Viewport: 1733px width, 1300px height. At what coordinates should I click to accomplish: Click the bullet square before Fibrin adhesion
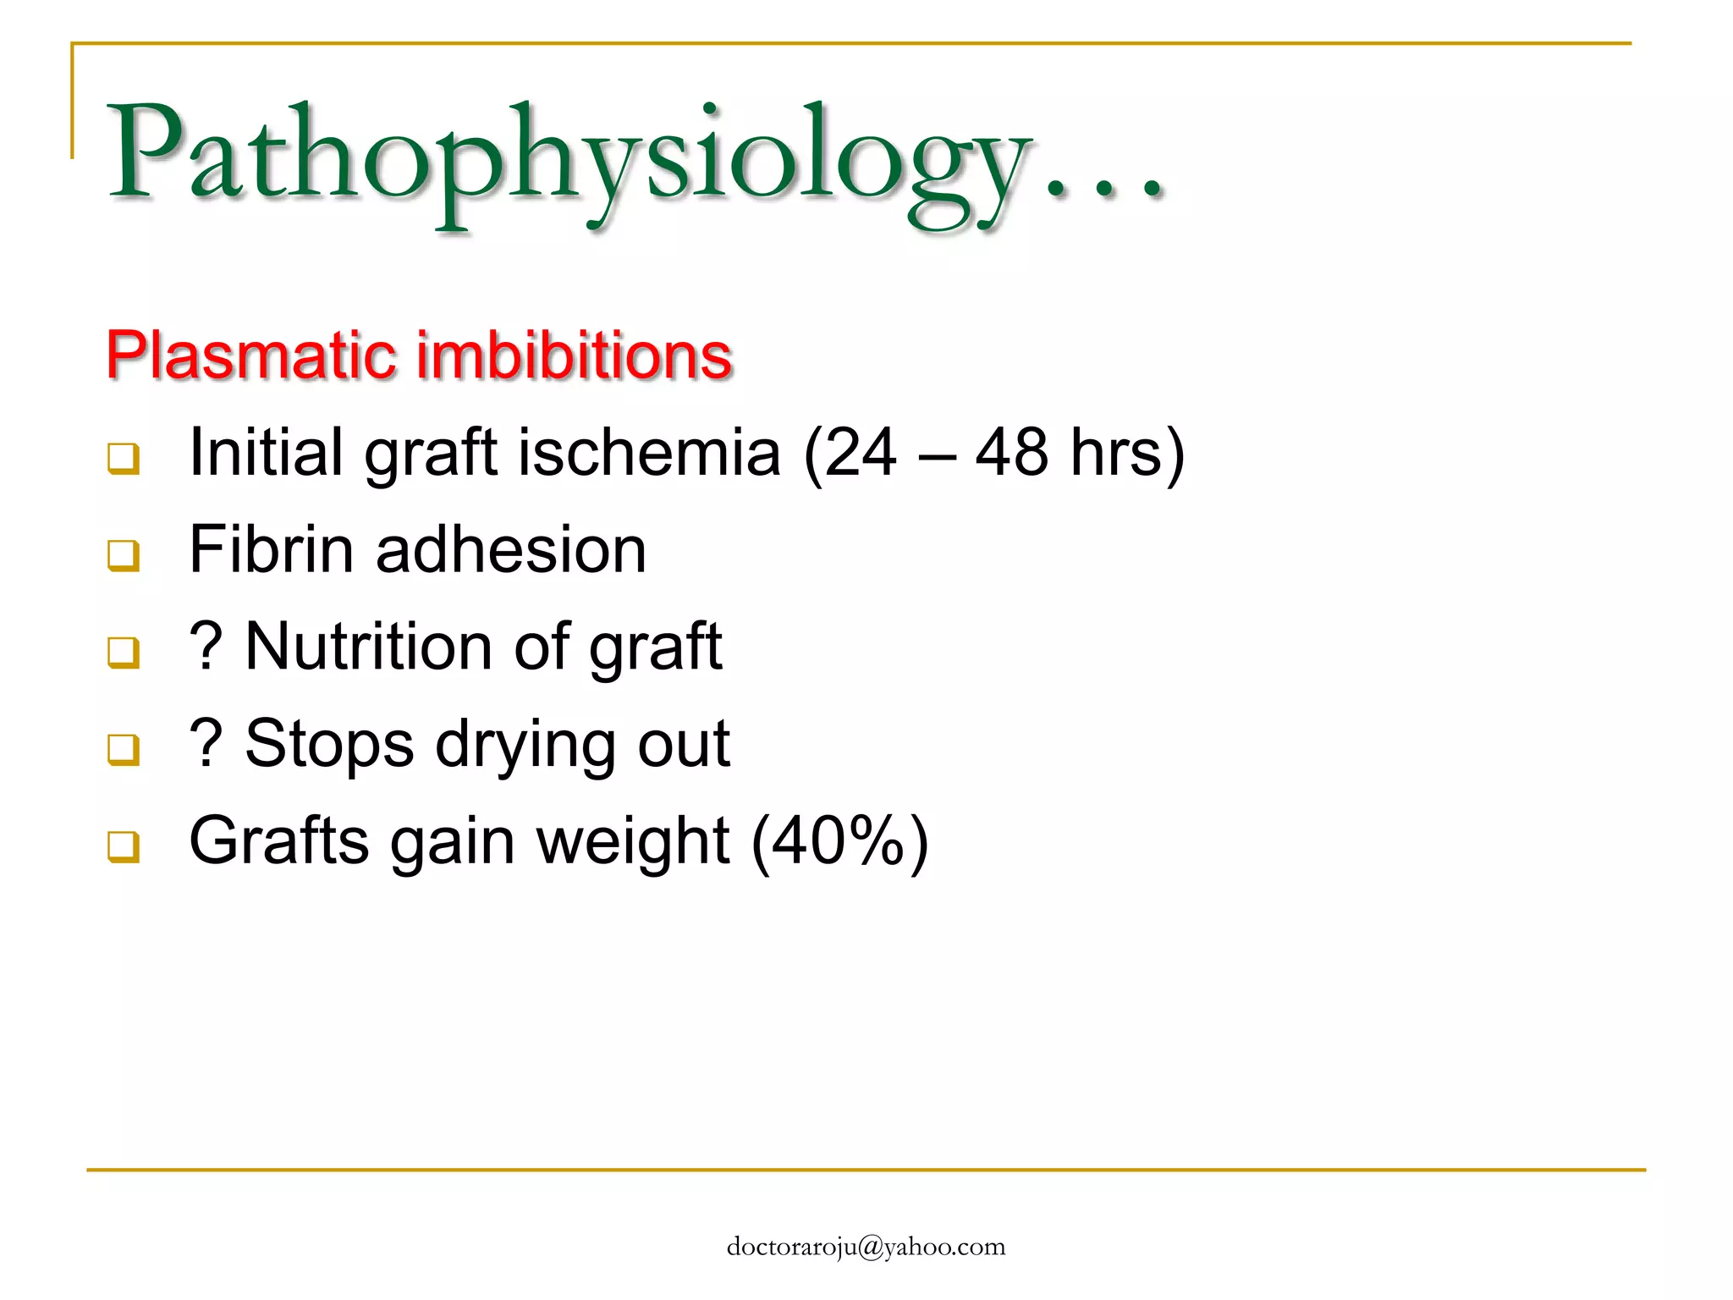[x=124, y=555]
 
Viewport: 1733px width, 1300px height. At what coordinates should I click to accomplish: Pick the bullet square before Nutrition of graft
[x=124, y=652]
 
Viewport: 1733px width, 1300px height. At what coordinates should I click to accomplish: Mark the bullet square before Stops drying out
[x=124, y=749]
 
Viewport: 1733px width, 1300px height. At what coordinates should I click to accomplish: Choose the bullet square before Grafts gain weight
[x=124, y=846]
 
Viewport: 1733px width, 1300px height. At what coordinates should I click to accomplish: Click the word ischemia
[x=649, y=453]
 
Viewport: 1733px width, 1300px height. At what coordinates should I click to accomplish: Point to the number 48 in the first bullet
[x=1012, y=453]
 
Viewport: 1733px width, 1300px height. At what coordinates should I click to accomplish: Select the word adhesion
[x=511, y=550]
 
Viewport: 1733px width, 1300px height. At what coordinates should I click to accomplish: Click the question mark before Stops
[x=206, y=744]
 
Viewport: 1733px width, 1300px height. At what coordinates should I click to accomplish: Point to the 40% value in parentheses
[x=839, y=841]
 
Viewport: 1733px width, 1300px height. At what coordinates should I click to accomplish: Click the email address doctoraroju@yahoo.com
[x=866, y=1247]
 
